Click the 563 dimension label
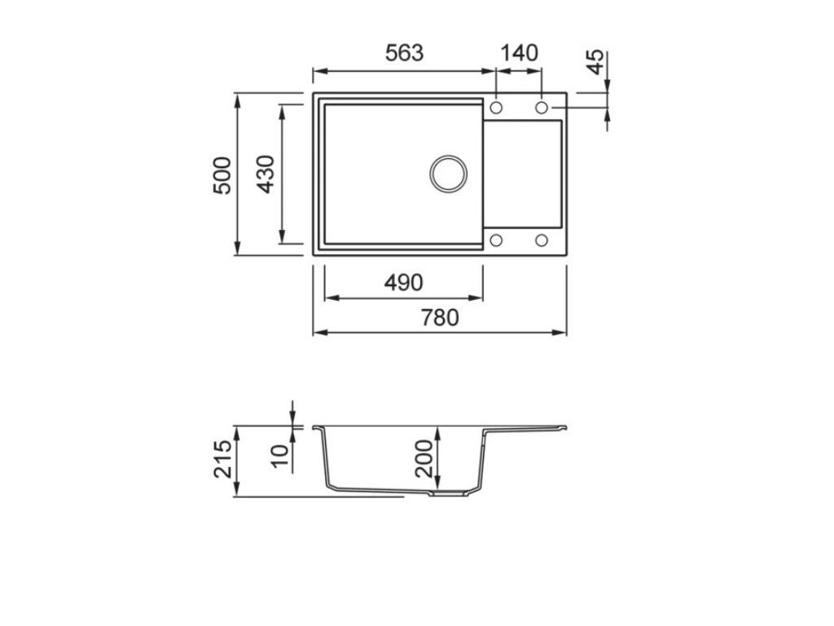404,53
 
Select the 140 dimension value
519,53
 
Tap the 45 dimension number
596,62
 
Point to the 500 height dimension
222,175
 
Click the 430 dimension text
265,174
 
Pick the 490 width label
404,283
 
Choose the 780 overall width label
440,318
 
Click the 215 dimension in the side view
223,459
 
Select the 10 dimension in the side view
280,456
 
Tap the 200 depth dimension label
424,458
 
